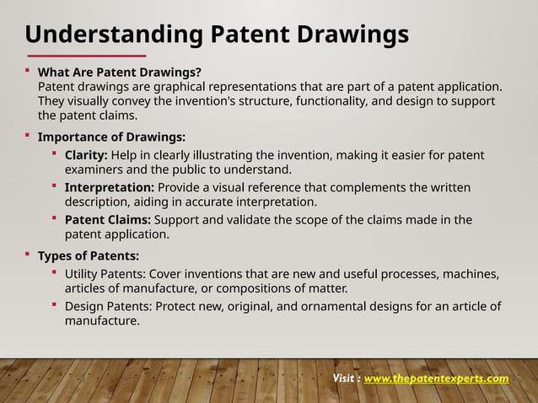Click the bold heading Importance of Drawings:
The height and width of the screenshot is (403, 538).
[112, 137]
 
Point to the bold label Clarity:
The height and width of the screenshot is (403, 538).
[86, 155]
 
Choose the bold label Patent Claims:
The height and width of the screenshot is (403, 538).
[108, 220]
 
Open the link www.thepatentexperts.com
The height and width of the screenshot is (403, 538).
[436, 379]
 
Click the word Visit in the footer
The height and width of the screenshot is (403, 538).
[344, 379]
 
